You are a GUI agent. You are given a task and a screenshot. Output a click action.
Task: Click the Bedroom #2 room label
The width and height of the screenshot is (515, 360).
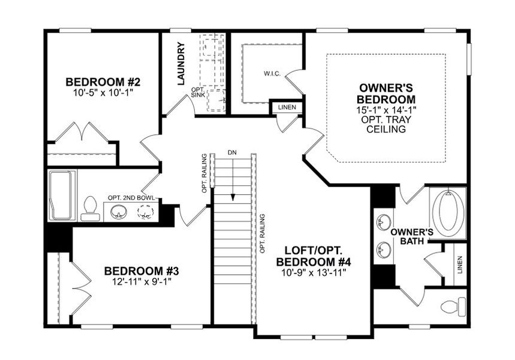coord(103,82)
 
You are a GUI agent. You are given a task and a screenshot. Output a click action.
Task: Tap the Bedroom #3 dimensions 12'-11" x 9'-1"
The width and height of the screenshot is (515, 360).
coord(141,281)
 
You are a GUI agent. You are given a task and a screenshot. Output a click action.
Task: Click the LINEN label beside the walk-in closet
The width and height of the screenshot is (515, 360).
coord(286,107)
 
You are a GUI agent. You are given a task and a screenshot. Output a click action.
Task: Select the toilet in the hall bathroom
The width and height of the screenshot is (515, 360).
coord(90,206)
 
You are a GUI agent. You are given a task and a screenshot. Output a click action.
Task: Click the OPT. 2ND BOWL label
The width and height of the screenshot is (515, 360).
coord(131,197)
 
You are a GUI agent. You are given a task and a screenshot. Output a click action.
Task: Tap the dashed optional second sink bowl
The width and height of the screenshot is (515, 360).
coord(145,211)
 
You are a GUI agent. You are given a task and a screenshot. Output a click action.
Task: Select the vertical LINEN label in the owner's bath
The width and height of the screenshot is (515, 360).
coord(460,264)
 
